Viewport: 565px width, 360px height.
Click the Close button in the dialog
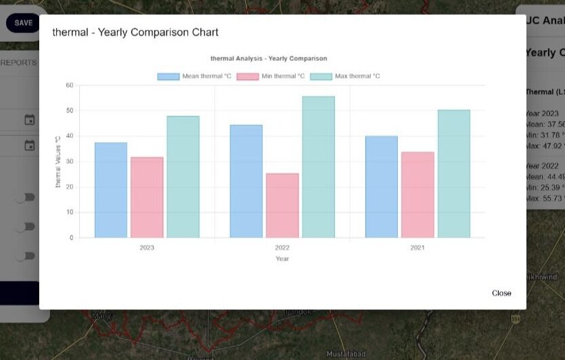click(501, 293)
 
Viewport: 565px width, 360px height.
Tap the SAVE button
click(23, 23)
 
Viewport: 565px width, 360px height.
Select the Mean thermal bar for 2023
click(111, 190)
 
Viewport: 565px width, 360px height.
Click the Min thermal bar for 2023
click(147, 198)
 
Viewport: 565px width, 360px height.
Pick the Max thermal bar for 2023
click(183, 177)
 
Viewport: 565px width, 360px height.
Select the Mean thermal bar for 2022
click(246, 181)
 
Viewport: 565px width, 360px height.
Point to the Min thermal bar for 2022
click(282, 206)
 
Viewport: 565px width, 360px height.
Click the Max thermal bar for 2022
click(318, 167)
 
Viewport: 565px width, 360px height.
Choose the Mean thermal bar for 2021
click(382, 187)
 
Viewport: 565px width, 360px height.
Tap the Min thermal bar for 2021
click(417, 195)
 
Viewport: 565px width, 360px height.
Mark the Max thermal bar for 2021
click(453, 174)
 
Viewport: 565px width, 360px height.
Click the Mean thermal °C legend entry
click(195, 76)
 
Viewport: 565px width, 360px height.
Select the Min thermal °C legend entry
click(271, 76)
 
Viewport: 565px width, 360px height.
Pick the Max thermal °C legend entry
click(345, 76)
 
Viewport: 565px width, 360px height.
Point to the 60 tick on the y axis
click(70, 85)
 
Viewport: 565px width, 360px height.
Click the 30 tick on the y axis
click(70, 162)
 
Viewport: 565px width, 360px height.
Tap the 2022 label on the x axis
click(282, 248)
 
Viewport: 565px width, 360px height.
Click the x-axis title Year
click(282, 258)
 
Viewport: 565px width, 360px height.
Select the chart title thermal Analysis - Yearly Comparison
click(269, 59)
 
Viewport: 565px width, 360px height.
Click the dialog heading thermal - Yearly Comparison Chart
click(135, 32)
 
